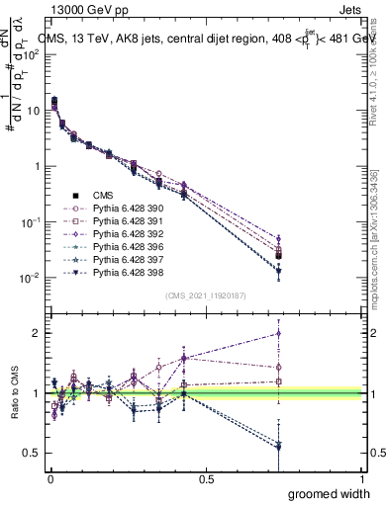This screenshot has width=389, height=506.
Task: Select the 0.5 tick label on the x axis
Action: click(x=205, y=479)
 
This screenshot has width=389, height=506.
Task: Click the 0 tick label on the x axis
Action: click(x=49, y=479)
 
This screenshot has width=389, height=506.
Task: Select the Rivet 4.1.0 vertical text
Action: click(x=374, y=64)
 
